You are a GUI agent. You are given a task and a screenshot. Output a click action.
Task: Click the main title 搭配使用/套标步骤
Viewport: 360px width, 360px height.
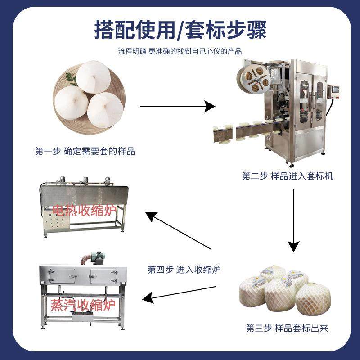pyautogui.click(x=180, y=29)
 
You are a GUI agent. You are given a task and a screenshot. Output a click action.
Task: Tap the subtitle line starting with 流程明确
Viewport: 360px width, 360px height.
pyautogui.click(x=180, y=51)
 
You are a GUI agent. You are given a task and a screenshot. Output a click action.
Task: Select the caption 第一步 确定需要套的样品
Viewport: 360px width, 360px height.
pyautogui.click(x=85, y=152)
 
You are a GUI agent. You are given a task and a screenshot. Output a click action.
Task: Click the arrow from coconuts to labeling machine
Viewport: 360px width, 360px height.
pyautogui.click(x=178, y=107)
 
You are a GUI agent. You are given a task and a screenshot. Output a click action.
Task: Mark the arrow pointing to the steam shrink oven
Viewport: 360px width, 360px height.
pyautogui.click(x=180, y=292)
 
